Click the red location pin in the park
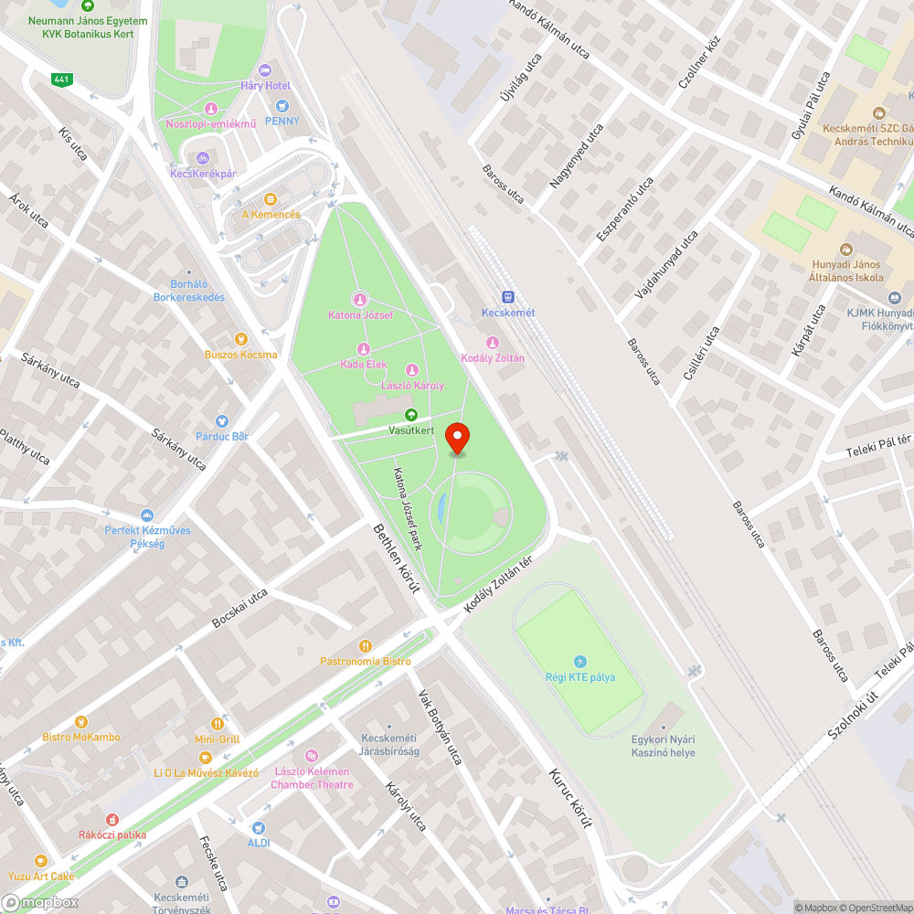tap(457, 437)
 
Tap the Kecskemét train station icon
tap(508, 297)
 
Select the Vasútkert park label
tap(411, 430)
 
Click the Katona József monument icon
tap(360, 300)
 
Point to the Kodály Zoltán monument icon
tap(492, 343)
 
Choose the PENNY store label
tap(282, 121)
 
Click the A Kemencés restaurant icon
tap(270, 199)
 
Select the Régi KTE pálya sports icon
tap(579, 662)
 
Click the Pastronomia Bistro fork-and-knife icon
tap(366, 646)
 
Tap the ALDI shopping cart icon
tap(258, 828)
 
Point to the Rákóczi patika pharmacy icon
tap(112, 820)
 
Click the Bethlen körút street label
tap(396, 558)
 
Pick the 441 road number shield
tap(62, 80)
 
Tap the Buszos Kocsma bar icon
tap(241, 339)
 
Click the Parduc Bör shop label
tap(222, 437)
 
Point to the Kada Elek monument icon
tap(364, 349)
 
